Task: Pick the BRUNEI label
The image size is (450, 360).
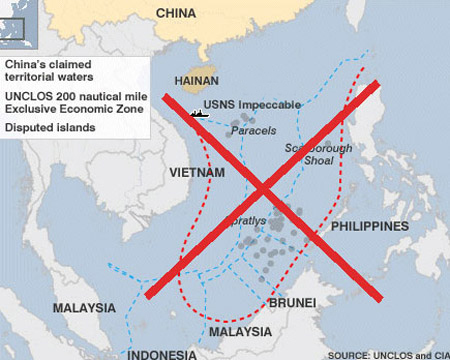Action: click(x=292, y=302)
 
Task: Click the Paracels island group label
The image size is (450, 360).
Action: click(x=253, y=131)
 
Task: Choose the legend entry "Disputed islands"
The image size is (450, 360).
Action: click(x=48, y=127)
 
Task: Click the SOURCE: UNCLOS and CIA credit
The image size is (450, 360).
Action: click(x=384, y=353)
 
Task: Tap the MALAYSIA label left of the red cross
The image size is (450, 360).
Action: click(x=83, y=307)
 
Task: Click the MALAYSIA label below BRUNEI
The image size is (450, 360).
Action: click(x=240, y=331)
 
